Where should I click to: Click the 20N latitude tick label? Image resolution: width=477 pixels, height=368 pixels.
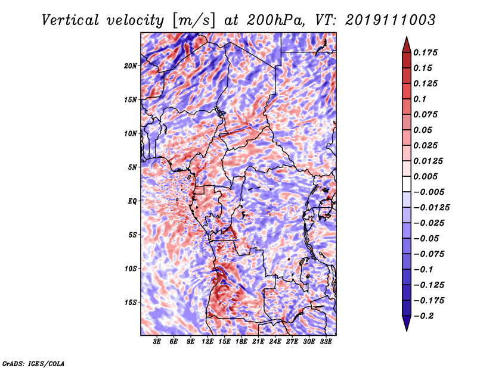point(131,66)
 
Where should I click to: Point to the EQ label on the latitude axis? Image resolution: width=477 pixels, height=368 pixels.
point(132,201)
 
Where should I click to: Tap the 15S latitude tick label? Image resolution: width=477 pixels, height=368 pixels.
point(131,302)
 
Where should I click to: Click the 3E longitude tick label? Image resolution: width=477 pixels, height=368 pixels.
point(157,342)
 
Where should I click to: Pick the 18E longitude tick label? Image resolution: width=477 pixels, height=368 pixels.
point(241,342)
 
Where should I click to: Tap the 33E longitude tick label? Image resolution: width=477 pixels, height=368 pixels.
point(326,342)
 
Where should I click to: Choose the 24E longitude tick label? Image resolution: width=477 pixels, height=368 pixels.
point(275,342)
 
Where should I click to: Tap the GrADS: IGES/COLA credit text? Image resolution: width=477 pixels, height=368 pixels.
point(33,363)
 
